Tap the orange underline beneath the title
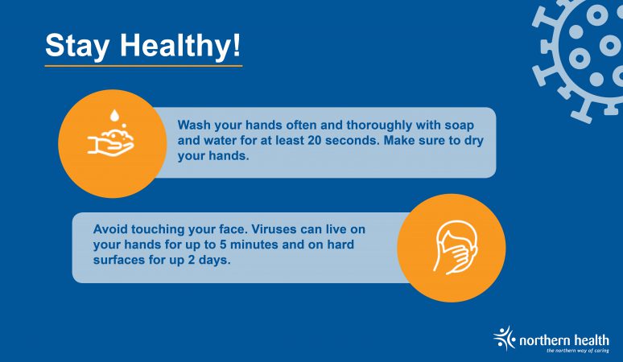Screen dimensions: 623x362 (x=143, y=66)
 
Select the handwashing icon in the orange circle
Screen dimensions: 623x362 (x=111, y=133)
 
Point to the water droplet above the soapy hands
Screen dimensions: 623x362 (x=114, y=116)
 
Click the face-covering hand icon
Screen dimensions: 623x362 (x=455, y=248)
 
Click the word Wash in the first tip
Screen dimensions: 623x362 (x=194, y=125)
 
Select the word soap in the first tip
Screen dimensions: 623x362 (x=459, y=125)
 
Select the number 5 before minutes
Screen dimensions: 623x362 (x=223, y=245)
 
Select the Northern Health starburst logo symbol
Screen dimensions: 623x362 (x=504, y=338)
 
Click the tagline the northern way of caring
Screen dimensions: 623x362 (x=578, y=351)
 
